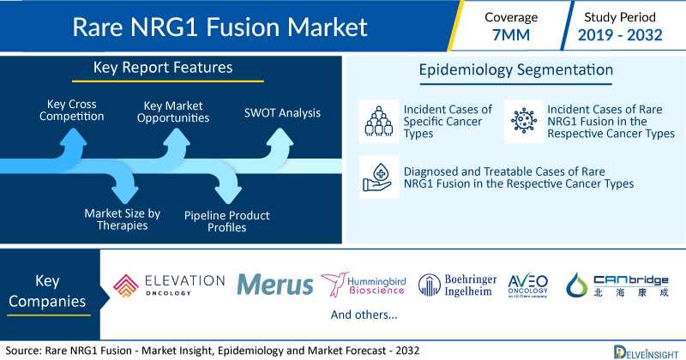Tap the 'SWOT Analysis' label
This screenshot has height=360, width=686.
[280, 111]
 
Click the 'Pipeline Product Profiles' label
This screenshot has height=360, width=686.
[226, 220]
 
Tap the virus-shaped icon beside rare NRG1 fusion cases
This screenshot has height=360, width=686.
[522, 120]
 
